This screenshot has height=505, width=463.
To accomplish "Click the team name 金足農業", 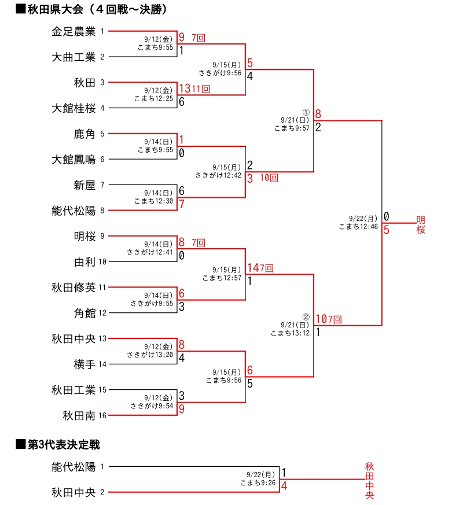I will point(74,31).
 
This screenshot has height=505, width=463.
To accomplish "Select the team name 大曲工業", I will point(74,57).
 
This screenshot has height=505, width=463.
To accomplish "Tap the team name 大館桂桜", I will point(74,108).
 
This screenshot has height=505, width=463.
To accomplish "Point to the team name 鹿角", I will point(84,134).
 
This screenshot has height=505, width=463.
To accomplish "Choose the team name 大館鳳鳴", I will point(74,159).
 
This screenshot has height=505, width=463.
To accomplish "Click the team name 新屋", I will point(84,185).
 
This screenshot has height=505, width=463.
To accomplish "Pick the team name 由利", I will point(84,261).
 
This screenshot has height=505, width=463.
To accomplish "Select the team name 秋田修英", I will point(74,287).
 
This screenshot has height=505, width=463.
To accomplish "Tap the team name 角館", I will point(84,313).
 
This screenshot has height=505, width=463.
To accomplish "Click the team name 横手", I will point(84,364).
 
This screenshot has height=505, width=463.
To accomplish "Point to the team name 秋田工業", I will point(74,389).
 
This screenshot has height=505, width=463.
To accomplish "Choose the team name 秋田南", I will point(79,415).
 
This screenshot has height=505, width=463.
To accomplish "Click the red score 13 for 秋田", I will point(185,89).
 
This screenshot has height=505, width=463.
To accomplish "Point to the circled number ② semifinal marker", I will point(306,316).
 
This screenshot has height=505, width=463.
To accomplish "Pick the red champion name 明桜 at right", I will point(421,224).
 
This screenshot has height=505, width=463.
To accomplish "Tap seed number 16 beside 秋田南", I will point(103,415).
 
